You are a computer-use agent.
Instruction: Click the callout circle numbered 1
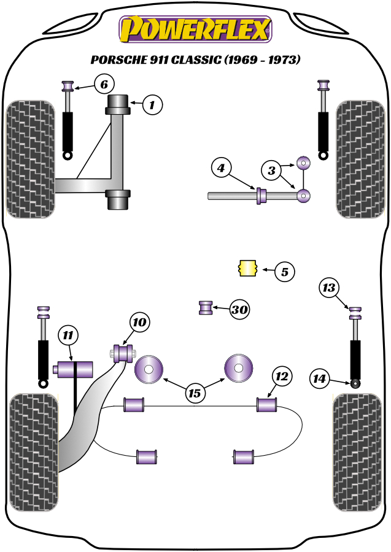click(152, 105)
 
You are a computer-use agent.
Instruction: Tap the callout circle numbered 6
click(104, 83)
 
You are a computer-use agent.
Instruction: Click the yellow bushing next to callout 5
click(247, 269)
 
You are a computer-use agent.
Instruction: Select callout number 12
click(282, 376)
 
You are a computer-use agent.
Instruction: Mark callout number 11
click(69, 335)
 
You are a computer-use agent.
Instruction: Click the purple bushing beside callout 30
click(206, 307)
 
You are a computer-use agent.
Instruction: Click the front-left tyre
click(30, 158)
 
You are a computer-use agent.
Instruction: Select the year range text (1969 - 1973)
click(261, 60)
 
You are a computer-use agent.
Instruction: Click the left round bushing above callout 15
click(149, 370)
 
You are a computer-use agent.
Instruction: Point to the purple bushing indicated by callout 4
click(261, 196)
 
